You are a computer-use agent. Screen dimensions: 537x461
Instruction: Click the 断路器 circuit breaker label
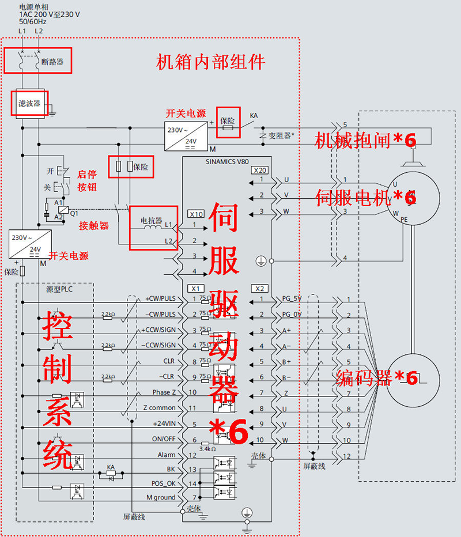click(52, 60)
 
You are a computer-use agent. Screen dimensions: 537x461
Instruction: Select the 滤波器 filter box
click(29, 103)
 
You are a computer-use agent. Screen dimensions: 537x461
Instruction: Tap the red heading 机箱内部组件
click(211, 62)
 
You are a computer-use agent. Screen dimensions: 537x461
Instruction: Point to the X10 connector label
click(196, 214)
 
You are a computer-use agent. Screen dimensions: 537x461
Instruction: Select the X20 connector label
click(259, 171)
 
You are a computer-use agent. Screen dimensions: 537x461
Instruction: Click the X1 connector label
click(195, 288)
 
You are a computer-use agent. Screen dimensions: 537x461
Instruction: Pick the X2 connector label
click(259, 288)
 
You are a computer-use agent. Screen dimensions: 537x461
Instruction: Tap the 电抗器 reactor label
click(151, 221)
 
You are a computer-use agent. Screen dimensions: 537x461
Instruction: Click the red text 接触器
click(94, 226)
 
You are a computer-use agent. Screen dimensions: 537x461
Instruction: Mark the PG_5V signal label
click(292, 299)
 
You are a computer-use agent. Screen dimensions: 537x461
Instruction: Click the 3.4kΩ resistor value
click(207, 448)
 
